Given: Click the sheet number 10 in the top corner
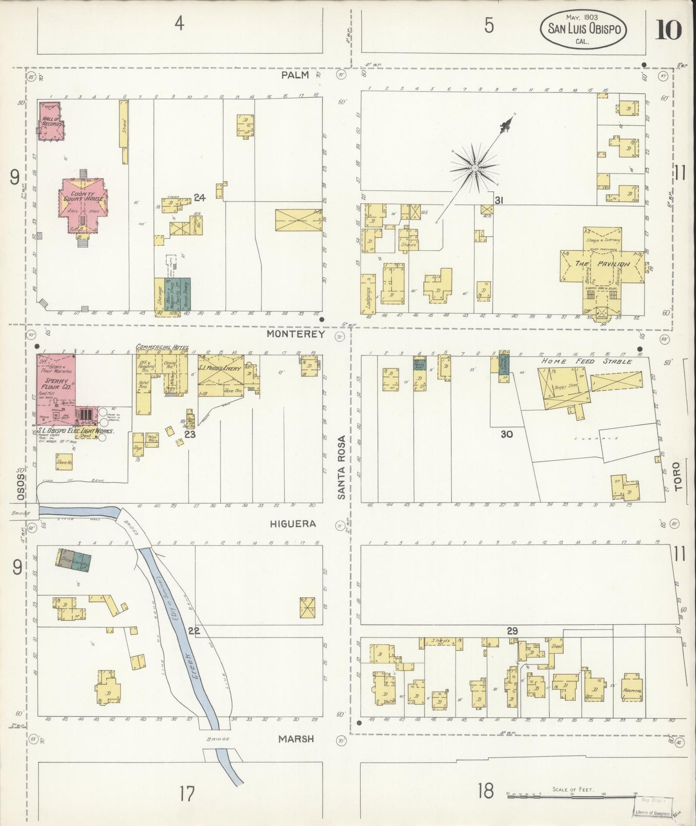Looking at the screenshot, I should point(668,30).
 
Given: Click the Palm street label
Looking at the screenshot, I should point(296,76).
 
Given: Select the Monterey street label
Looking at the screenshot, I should point(296,333).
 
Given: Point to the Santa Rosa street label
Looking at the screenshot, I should point(342,467).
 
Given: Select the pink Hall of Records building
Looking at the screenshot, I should point(51,121).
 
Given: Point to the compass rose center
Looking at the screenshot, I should point(474,168).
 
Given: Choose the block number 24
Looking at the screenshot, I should point(199,197).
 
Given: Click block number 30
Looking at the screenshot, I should point(506,434).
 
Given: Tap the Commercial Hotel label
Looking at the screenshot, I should point(162,347).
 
